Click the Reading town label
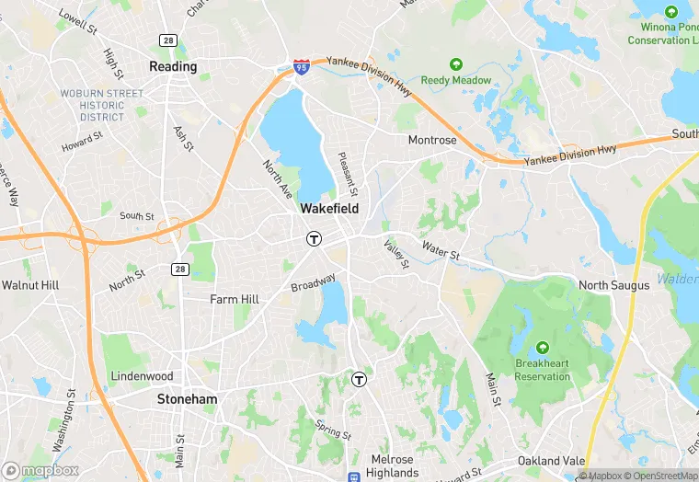173,67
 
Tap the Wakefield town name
329,209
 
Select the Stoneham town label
187,399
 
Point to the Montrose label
432,140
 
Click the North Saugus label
613,285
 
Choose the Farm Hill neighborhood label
235,299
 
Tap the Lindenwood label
142,376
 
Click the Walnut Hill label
30,285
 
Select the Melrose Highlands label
395,465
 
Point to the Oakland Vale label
551,460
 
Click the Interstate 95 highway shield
302,67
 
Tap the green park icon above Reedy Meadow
455,63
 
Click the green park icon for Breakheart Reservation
542,347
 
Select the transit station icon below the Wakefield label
314,238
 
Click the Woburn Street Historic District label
101,105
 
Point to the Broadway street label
314,284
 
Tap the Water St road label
441,249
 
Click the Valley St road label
396,254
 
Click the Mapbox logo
40,470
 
